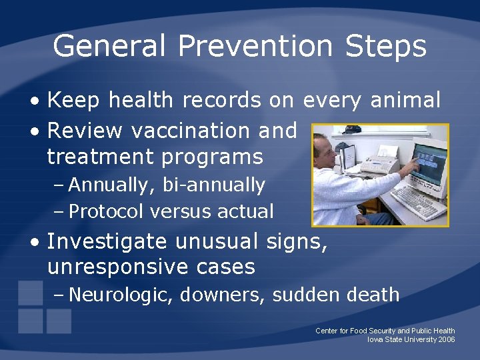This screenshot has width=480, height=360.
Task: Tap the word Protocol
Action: click(106, 211)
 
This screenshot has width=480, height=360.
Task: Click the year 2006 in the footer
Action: click(447, 339)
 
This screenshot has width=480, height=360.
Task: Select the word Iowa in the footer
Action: click(376, 339)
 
